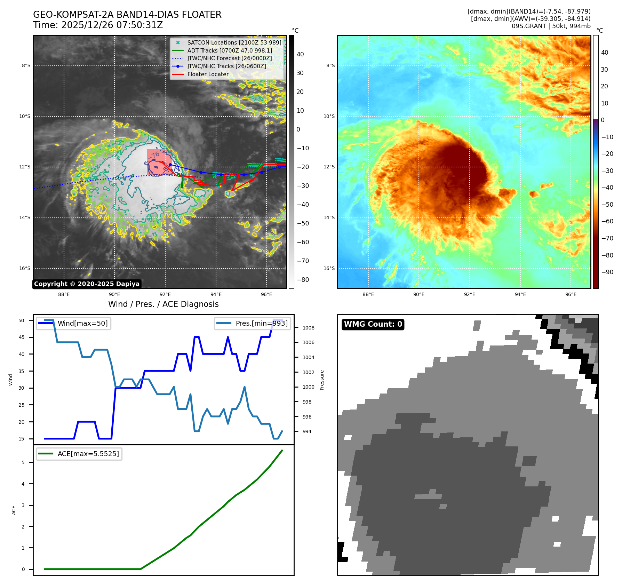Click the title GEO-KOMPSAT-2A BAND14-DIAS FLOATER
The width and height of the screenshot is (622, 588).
point(127,15)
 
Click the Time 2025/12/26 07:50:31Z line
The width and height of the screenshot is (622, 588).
point(98,25)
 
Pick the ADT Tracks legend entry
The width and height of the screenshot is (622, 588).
point(229,51)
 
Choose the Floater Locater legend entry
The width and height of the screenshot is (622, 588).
point(208,74)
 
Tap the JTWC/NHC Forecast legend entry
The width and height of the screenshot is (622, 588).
point(229,58)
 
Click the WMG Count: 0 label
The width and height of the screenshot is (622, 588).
point(373,324)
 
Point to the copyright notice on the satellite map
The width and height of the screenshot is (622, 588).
point(87,284)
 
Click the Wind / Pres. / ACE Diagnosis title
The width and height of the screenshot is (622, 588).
point(163,304)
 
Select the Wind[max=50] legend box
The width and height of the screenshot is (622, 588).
point(74,324)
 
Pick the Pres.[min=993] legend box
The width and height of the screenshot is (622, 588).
point(253,324)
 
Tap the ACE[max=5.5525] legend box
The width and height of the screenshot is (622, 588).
point(79,454)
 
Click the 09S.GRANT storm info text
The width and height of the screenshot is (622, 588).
point(551,26)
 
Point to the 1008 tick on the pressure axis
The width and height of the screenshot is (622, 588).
point(308,328)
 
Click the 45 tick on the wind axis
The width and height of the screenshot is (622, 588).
point(22,337)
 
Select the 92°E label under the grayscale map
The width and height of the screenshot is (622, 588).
point(165,295)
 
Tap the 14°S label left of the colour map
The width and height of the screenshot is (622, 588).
point(329,218)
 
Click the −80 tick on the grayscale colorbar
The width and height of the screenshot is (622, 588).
point(303,280)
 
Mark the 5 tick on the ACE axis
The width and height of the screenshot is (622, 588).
point(23,462)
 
